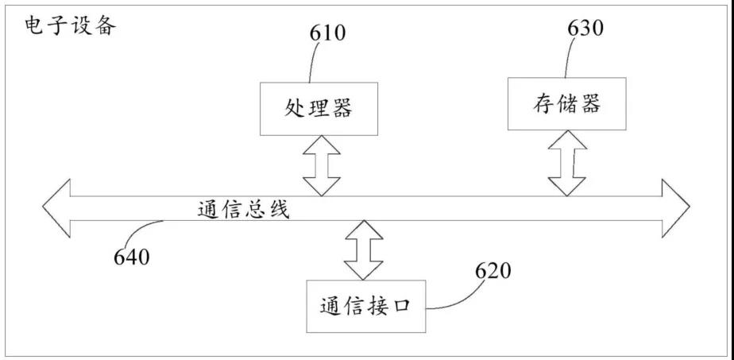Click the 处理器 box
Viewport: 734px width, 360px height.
click(319, 108)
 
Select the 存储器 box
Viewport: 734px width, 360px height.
click(566, 103)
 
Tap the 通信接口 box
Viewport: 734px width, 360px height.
click(365, 306)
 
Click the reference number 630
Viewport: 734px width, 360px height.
click(585, 28)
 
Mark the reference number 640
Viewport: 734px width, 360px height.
click(132, 256)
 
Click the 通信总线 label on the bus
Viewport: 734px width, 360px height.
click(244, 210)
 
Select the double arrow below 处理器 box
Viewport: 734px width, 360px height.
click(322, 165)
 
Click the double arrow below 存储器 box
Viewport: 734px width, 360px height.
click(568, 163)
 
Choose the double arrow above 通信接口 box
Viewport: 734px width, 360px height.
click(364, 249)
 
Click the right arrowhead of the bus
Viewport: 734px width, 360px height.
click(676, 208)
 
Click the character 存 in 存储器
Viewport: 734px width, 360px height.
click(540, 104)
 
